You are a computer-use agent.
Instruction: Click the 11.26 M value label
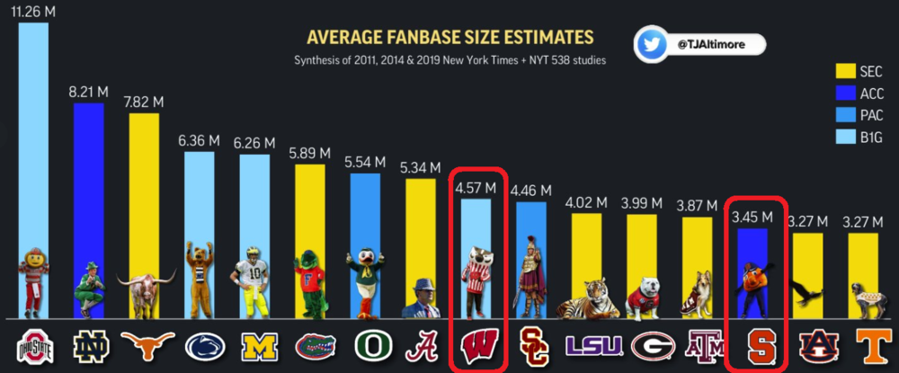[x=32, y=12]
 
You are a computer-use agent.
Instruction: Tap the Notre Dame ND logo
[x=88, y=347]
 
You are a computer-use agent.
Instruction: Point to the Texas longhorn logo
[x=144, y=347]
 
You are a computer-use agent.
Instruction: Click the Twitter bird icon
[x=653, y=44]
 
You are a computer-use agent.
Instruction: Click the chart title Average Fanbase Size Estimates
[x=449, y=38]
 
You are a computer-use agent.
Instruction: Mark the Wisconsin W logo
[x=476, y=347]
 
